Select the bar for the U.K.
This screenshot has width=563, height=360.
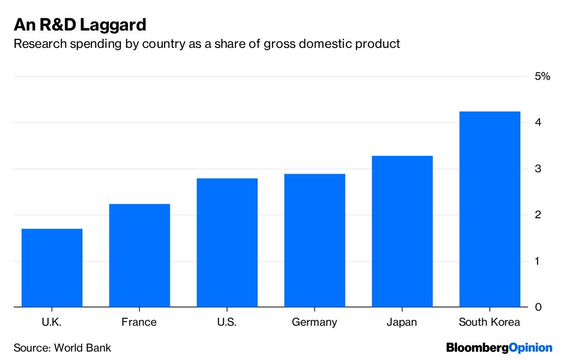pos(52,268)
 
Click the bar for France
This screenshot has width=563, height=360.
pos(139,255)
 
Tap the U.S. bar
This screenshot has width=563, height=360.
pos(227,243)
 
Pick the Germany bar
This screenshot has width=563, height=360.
pos(314,240)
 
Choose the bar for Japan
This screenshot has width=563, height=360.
pos(402,231)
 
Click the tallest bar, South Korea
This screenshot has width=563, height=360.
pos(489,209)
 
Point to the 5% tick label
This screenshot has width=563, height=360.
pos(542,77)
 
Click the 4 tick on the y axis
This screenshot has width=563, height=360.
pos(538,123)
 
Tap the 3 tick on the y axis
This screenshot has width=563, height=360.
pos(538,169)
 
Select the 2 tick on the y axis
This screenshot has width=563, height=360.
pos(538,215)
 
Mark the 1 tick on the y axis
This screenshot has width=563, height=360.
pos(538,261)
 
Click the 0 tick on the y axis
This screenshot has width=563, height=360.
pos(538,307)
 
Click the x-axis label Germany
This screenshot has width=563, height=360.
pos(314,322)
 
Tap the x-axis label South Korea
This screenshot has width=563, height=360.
pos(489,322)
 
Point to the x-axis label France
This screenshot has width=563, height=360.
pos(139,322)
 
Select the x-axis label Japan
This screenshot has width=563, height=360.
pos(402,322)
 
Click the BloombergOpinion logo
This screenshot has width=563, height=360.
pos(499,348)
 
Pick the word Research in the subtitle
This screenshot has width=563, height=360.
pos(37,44)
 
